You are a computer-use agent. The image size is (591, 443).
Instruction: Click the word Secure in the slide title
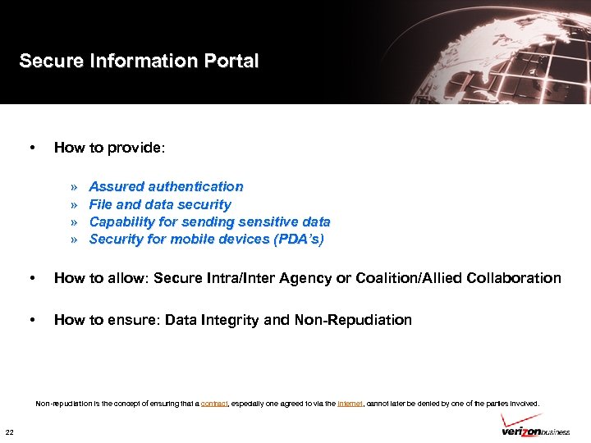point(48,62)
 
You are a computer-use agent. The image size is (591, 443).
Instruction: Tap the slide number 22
point(9,432)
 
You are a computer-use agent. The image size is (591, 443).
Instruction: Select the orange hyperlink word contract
point(214,404)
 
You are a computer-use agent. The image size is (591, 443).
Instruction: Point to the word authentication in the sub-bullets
point(197,187)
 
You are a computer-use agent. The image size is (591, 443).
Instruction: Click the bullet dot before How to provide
point(31,148)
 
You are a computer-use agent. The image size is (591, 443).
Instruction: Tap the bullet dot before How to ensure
point(31,320)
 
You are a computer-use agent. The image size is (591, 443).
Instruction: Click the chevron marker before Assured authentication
point(74,187)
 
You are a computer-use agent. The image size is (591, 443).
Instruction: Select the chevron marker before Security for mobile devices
point(74,240)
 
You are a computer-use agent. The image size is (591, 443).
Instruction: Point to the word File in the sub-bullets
point(100,204)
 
